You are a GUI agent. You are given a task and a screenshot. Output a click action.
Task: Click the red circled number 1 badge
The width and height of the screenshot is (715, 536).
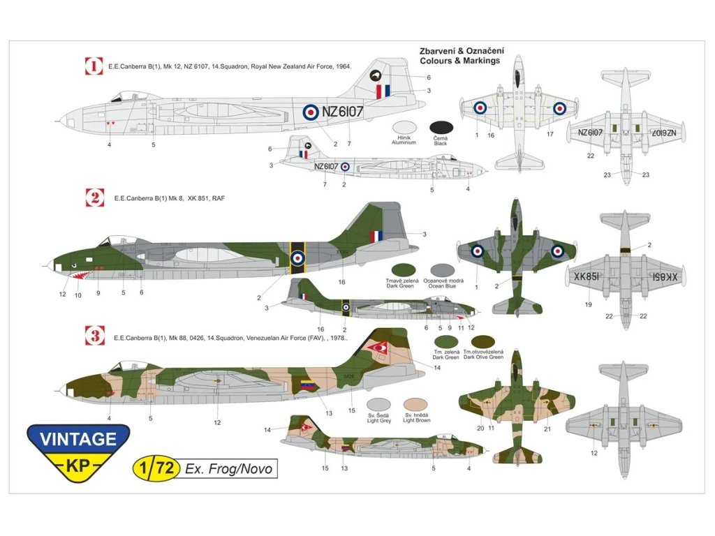tap(94, 67)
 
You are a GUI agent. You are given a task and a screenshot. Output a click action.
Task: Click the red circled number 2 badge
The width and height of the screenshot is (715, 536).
tap(94, 198)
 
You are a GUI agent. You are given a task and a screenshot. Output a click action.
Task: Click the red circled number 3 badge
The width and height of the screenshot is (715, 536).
tap(94, 336)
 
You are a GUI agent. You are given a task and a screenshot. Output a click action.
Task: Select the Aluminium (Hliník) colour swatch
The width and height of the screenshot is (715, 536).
tap(404, 128)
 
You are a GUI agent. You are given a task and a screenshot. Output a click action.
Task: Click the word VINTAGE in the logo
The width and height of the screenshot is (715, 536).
tap(78, 439)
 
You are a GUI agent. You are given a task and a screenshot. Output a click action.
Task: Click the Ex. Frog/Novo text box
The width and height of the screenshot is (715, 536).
tap(228, 469)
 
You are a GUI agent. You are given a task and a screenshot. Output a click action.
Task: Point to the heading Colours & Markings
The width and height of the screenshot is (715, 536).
tap(460, 61)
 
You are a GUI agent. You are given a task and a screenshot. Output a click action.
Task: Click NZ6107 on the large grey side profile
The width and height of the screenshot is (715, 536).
tap(342, 112)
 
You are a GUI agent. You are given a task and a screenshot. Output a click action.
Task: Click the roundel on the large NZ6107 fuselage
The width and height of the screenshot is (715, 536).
tap(309, 112)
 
